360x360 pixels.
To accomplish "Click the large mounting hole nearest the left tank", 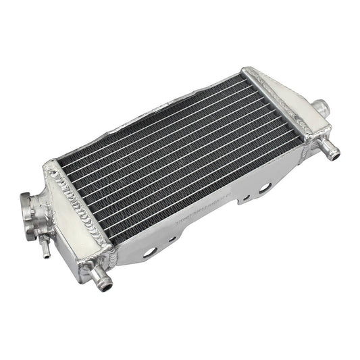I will (x=151, y=251).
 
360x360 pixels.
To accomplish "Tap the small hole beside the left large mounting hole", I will (x=172, y=238).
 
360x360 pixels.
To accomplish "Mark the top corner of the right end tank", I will (x=250, y=69).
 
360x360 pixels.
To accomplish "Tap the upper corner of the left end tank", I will (x=49, y=164).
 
